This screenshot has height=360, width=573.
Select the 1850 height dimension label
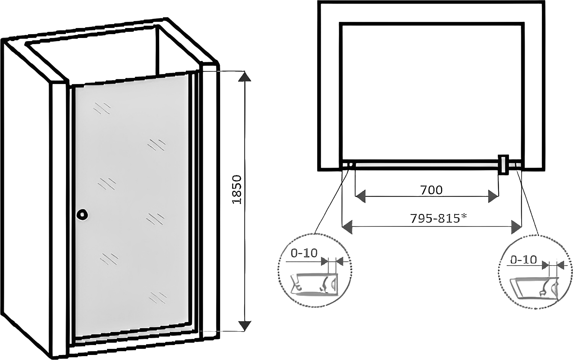tap(237, 190)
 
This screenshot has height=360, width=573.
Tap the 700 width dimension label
tap(431, 190)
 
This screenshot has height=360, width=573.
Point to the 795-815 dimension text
tap(435, 218)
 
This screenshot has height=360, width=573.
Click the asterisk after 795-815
tap(464, 216)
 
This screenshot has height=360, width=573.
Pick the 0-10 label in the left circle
tap(304, 253)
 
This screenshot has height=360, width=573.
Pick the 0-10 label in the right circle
tap(523, 260)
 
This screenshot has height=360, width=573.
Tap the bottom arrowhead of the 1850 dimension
tap(245, 325)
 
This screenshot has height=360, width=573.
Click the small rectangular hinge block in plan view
tap(503, 165)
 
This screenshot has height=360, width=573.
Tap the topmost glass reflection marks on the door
tap(102, 108)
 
